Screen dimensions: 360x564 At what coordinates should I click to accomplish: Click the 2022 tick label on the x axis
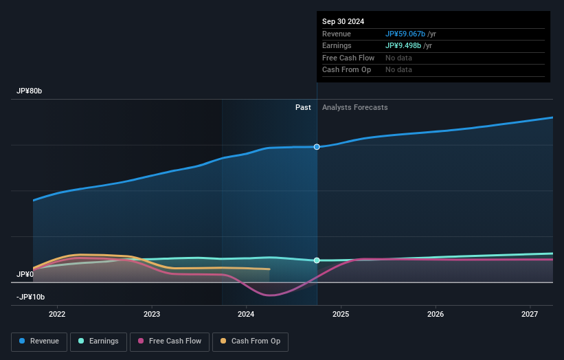pos(57,314)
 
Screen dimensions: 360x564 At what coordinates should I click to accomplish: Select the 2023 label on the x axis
pos(152,314)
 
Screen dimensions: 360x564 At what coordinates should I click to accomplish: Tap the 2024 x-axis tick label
pos(247,314)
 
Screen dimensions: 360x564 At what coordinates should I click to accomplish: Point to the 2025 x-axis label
pos(341,314)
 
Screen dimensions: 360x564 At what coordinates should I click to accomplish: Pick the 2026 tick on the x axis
pos(436,314)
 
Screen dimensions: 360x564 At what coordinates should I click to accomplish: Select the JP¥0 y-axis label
pos(25,274)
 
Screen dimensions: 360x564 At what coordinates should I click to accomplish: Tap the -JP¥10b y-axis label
pos(31,297)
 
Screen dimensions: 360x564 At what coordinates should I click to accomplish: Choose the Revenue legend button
pos(40,341)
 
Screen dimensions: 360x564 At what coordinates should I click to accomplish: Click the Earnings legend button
pos(98,341)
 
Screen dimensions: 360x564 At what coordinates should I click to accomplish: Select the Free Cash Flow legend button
pos(170,341)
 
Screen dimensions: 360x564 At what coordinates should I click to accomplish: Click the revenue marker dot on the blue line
pos(317,147)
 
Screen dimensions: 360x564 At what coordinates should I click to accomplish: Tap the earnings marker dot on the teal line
pos(317,260)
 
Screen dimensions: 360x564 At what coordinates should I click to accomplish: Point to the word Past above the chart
pos(303,107)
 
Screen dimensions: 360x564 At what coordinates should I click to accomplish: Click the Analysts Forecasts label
pos(354,107)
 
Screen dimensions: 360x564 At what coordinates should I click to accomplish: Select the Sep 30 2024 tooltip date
pos(343,21)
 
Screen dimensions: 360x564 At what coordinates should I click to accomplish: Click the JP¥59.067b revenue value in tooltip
pos(405,34)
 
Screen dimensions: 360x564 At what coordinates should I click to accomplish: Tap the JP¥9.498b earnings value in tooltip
pos(403,46)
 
